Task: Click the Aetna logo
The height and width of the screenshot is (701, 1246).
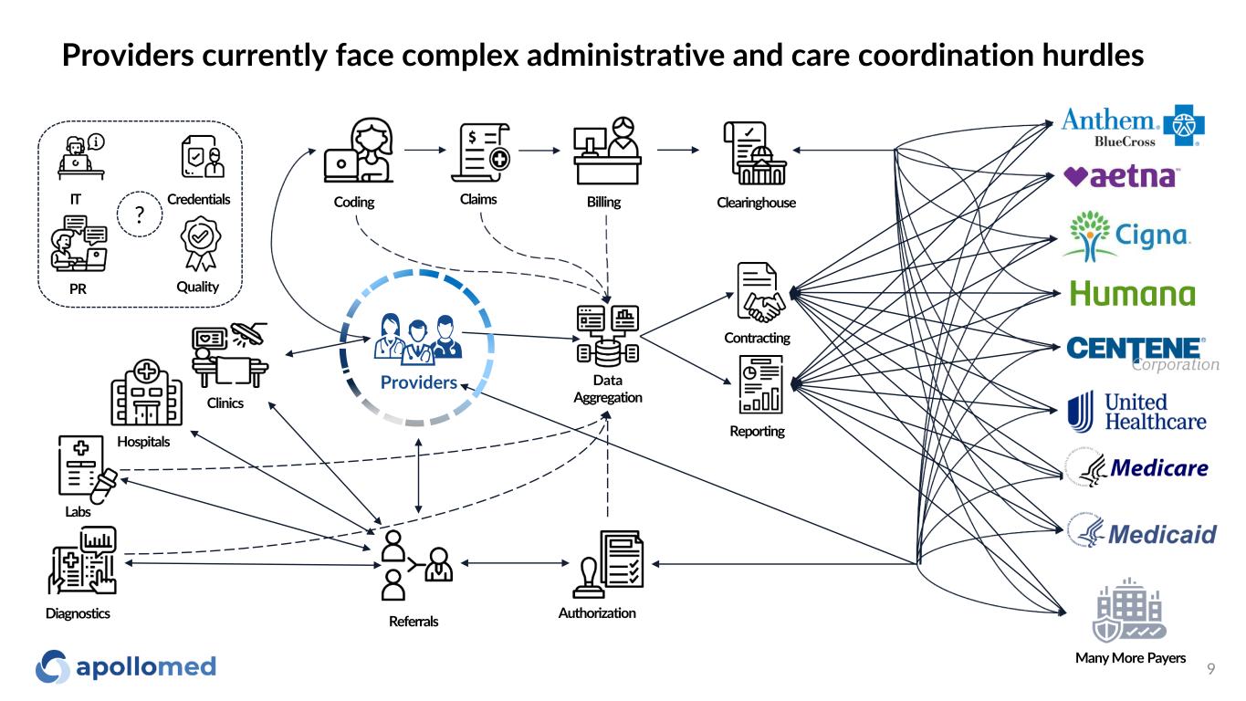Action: pos(1122,176)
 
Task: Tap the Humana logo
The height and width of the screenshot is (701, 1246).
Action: pos(1132,294)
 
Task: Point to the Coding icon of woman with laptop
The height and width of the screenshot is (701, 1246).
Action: pos(359,152)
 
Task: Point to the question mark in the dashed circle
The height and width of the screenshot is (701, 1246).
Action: pos(141,215)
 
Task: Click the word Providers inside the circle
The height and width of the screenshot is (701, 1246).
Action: pos(418,382)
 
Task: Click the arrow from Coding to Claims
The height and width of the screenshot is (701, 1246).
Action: pos(423,150)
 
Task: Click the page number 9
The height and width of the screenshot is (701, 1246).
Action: pos(1210,669)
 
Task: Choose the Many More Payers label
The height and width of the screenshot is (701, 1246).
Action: pos(1130,658)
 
